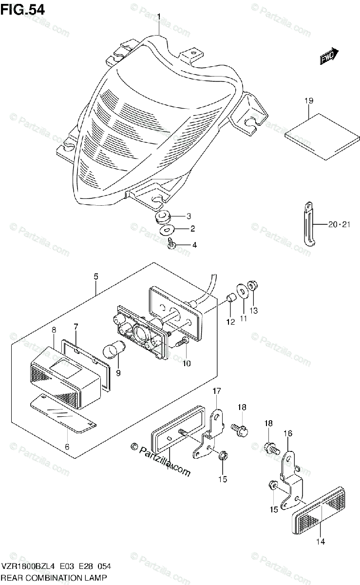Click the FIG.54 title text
click(23, 10)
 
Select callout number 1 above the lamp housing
click(159, 17)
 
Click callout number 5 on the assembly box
click(96, 277)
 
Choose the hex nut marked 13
click(253, 285)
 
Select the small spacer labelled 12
click(231, 297)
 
